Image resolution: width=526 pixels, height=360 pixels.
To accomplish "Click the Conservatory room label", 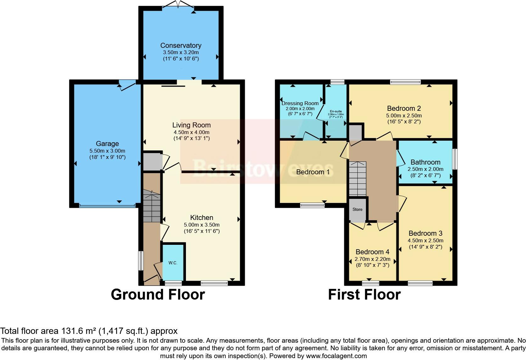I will (x=181, y=45).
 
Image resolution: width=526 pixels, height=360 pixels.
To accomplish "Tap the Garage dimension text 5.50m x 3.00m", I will (x=107, y=151).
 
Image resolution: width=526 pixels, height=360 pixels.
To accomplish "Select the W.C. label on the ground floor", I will (x=173, y=263).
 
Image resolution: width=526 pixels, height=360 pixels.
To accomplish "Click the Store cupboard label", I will (x=357, y=209).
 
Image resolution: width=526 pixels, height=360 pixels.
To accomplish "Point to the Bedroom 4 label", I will (x=372, y=252).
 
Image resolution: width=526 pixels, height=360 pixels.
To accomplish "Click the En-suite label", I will (x=336, y=111).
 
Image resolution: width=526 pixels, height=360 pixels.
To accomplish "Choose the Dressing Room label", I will (x=300, y=103).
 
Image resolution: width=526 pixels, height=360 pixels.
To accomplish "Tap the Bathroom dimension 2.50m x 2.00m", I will (x=425, y=169).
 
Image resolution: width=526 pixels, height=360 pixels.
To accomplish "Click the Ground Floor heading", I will (x=158, y=295).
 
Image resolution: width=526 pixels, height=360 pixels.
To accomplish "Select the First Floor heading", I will (x=364, y=295).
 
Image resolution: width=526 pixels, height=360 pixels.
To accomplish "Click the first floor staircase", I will (x=357, y=179).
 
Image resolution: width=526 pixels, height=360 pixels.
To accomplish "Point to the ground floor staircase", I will (x=152, y=206).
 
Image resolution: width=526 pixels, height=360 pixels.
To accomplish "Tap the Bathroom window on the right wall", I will (x=455, y=159).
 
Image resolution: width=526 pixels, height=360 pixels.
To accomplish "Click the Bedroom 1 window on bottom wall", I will (x=312, y=205).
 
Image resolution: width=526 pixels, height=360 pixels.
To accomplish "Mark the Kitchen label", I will (x=202, y=217).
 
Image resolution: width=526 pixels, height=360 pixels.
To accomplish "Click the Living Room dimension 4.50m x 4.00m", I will (x=191, y=132).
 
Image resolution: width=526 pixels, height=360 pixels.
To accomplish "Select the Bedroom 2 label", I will (x=404, y=109).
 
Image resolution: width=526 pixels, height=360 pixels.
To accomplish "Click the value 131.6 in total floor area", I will (x=70, y=331).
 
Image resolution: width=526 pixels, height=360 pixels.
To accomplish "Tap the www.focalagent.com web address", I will (x=336, y=356).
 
